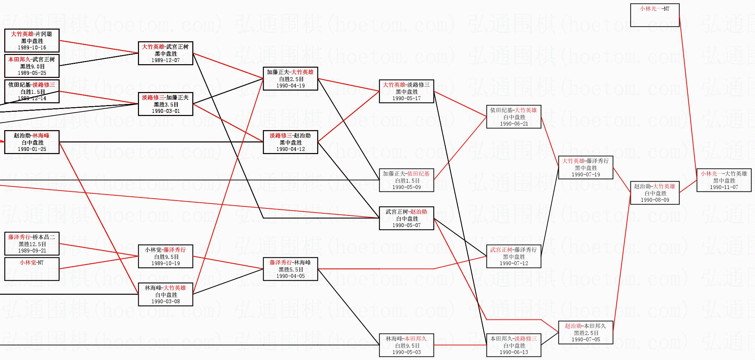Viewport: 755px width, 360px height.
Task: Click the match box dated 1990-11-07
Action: (724, 180)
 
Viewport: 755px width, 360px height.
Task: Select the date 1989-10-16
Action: (32, 48)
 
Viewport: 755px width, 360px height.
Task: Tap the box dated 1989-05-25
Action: (32, 66)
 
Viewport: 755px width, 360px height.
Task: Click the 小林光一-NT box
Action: (654, 15)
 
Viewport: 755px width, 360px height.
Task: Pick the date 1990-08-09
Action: (655, 200)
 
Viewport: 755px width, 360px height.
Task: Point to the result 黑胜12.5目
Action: (32, 244)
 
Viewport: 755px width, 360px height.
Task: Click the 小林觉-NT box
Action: (32, 269)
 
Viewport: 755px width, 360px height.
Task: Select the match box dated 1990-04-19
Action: (290, 79)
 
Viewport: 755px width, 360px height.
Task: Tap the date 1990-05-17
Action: (406, 98)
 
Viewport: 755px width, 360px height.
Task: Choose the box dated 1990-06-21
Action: (514, 117)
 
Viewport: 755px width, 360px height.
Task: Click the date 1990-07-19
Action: (586, 175)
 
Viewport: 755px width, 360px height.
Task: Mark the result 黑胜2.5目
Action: (586, 333)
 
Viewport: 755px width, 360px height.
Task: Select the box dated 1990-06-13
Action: (514, 345)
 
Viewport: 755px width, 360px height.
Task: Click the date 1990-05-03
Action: (406, 352)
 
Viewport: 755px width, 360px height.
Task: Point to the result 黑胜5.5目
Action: (290, 269)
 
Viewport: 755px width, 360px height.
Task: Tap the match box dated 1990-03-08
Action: (165, 294)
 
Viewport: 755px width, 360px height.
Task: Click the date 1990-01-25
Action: (32, 149)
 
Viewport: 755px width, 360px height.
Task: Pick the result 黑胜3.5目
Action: (165, 104)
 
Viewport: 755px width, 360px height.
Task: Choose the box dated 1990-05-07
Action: (406, 218)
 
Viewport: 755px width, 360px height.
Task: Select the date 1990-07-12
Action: (514, 263)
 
